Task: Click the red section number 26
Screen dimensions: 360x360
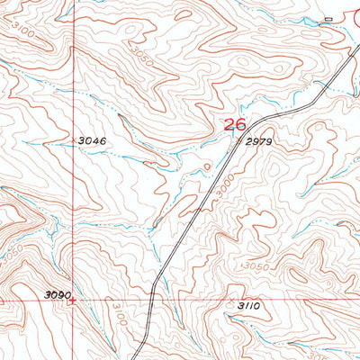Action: click(x=234, y=125)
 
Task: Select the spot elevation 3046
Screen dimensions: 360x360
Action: click(x=92, y=141)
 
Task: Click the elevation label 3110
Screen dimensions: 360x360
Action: click(x=249, y=307)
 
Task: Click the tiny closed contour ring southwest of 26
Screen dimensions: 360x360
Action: click(x=208, y=166)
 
